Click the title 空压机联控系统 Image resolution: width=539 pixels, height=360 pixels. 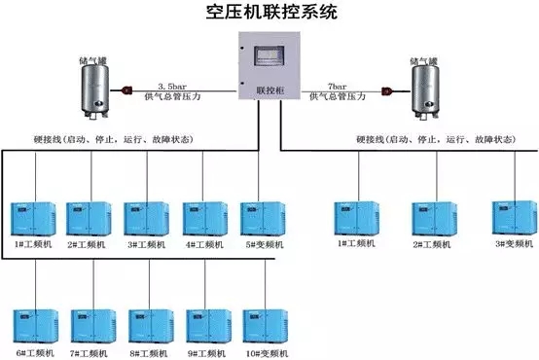270,13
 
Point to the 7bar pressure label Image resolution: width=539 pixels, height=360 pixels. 334,86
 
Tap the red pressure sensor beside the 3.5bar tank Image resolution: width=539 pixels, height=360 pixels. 127,92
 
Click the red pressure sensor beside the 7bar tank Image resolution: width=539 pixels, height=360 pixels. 386,93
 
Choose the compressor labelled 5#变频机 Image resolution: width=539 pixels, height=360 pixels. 262,219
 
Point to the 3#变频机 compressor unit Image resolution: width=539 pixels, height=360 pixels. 515,219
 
